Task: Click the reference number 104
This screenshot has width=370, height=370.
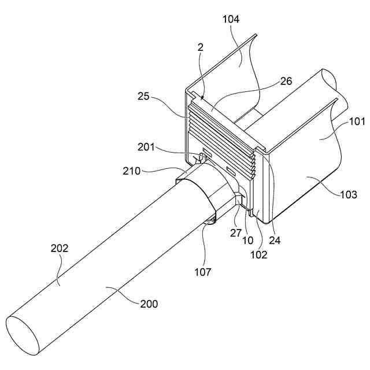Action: tap(231, 19)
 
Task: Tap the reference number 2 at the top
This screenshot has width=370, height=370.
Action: tap(201, 48)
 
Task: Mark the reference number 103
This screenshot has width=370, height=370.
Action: tap(349, 194)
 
